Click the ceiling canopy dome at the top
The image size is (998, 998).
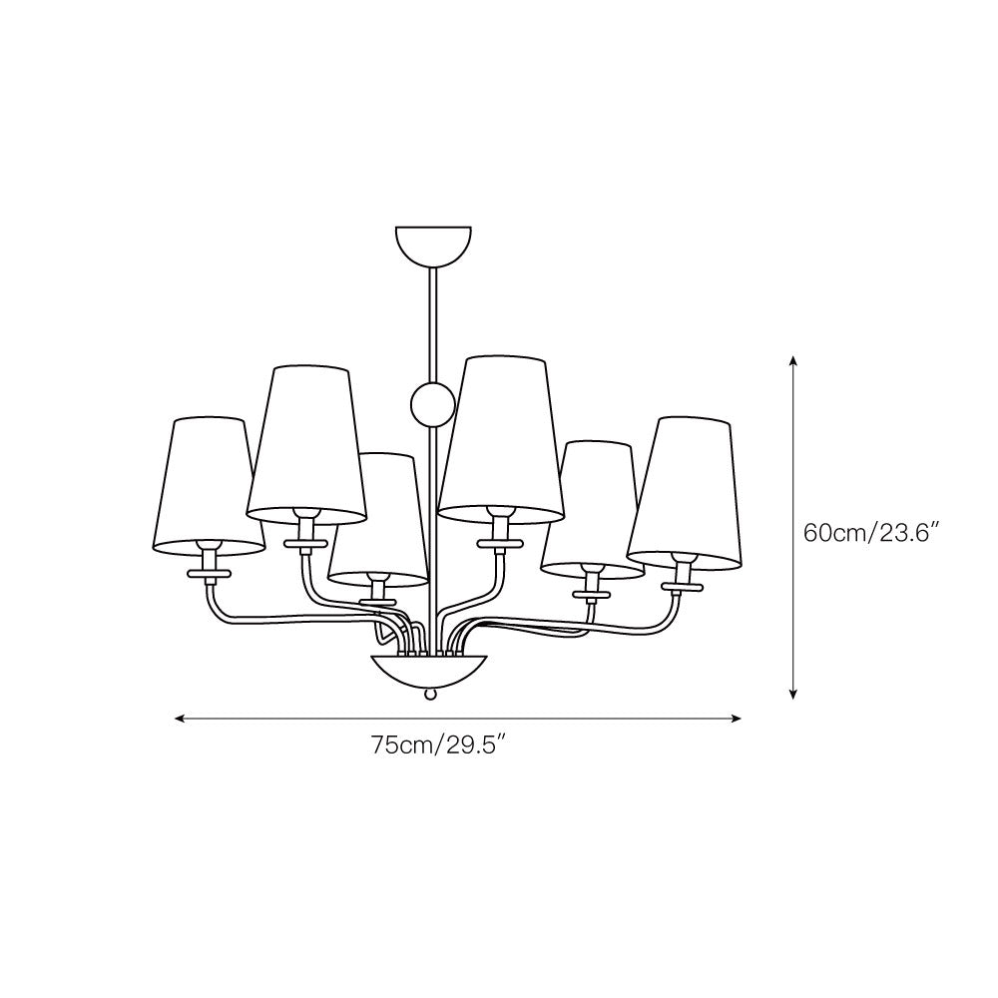pos(431,242)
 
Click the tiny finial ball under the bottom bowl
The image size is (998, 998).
pos(431,692)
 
